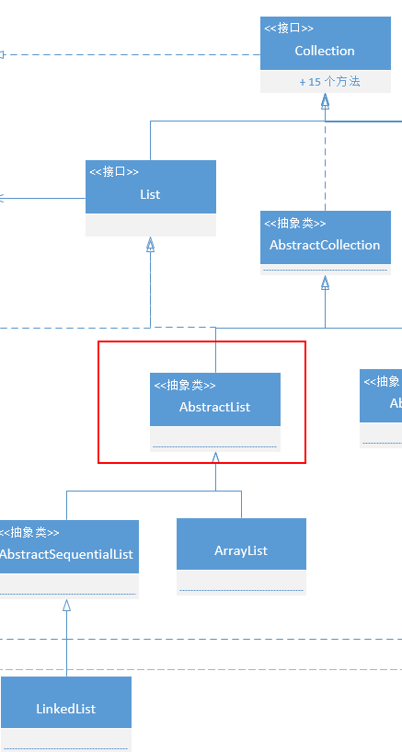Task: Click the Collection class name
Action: point(325,51)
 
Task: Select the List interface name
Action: point(150,194)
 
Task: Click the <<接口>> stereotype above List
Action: point(114,171)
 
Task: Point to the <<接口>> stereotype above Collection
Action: point(289,29)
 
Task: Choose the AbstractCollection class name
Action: point(325,245)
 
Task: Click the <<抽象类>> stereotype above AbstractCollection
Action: point(295,223)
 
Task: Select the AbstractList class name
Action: point(214,407)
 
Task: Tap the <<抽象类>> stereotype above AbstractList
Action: point(185,386)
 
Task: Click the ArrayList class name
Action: point(241,550)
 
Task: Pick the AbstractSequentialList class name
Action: point(66,554)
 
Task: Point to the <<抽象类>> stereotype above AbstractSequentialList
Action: point(29,532)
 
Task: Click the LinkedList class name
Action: point(66,709)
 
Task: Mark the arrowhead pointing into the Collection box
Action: point(325,101)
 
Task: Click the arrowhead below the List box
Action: point(150,244)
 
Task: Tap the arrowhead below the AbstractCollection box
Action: point(325,283)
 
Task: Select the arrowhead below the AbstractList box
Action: point(215,457)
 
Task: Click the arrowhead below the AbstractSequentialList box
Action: point(66,605)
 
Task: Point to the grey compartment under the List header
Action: point(150,226)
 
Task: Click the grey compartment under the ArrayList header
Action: point(241,583)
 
